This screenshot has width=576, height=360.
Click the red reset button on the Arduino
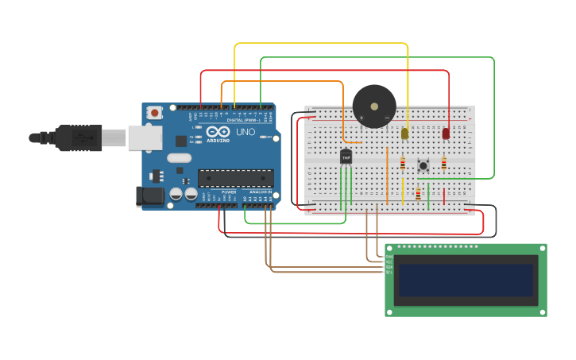[x=155, y=113]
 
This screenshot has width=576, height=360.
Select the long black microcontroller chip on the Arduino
[x=235, y=178]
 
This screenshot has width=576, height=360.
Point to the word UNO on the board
[x=245, y=133]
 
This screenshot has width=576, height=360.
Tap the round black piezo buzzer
[x=374, y=106]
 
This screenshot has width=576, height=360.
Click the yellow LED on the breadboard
[x=404, y=133]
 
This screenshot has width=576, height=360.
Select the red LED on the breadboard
[x=446, y=133]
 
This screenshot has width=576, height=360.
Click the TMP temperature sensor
[x=346, y=157]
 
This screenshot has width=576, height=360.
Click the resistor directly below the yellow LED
[x=403, y=165]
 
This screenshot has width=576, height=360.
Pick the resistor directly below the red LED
[x=444, y=164]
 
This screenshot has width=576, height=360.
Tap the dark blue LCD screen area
[x=466, y=280]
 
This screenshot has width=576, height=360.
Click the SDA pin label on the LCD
[x=389, y=266]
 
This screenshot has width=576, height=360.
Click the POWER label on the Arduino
[x=229, y=192]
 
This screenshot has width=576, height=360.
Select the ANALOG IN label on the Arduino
[x=260, y=192]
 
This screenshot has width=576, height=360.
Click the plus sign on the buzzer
[x=361, y=118]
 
